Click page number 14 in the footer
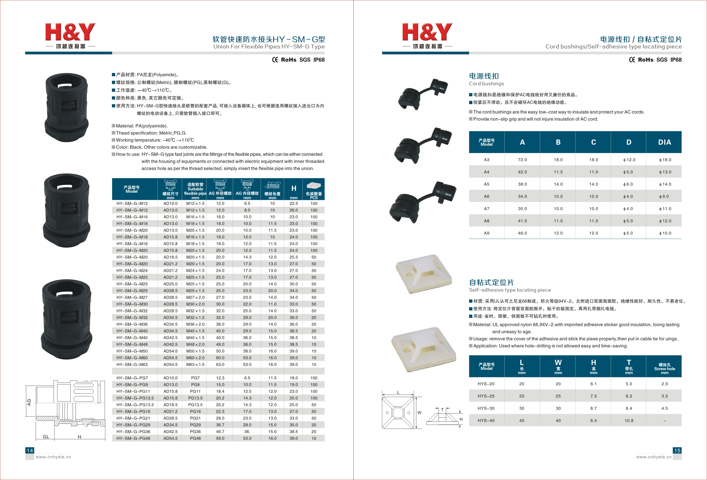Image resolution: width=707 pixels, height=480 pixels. [30, 450]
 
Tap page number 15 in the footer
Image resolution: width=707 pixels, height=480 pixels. [677, 450]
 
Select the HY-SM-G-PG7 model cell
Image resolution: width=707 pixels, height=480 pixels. [132, 378]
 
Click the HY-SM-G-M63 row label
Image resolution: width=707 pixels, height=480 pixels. [132, 364]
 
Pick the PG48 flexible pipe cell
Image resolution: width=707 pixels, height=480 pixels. [195, 438]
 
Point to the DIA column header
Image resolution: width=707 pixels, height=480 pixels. [665, 142]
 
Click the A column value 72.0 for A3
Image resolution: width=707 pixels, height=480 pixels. [522, 160]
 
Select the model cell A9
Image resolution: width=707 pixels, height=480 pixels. [487, 233]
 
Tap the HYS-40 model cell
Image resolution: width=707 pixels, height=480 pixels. [486, 421]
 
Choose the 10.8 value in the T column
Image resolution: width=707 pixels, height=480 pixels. [629, 421]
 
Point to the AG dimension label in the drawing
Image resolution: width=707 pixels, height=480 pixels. [29, 402]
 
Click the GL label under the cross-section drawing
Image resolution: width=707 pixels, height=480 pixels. [46, 437]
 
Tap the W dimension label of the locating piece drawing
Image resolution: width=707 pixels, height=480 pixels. [419, 413]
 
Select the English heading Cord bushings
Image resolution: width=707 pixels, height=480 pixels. [486, 84]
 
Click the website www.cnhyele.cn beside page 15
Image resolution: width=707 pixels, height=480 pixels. [654, 457]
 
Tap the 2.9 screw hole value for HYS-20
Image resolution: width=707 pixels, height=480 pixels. [665, 384]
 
